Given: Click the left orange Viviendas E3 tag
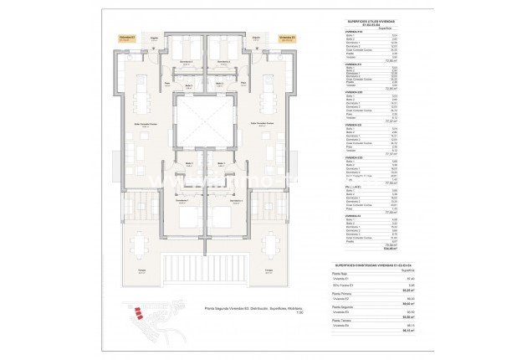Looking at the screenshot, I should (125, 38).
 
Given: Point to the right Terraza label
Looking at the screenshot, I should (269, 272).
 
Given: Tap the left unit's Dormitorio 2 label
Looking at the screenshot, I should (190, 61).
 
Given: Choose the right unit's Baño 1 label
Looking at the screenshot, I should (222, 163).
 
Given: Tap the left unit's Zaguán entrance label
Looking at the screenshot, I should (154, 38).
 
